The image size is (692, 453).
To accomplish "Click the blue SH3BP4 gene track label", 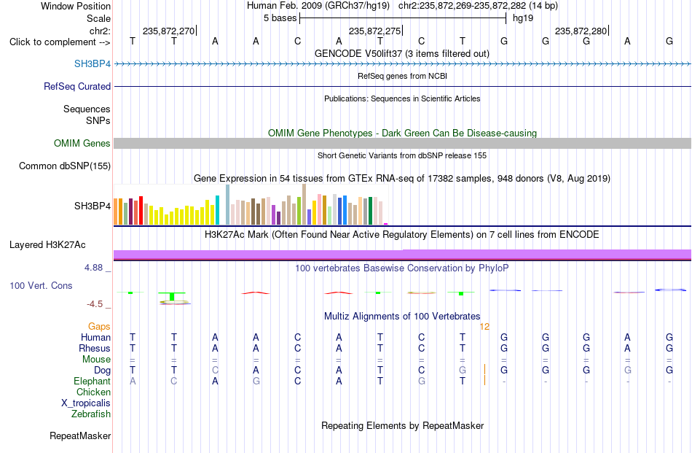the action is pyautogui.click(x=93, y=63).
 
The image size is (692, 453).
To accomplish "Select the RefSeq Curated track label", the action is pyautogui.click(x=76, y=86).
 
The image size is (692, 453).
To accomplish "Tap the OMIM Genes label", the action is pyautogui.click(x=82, y=143).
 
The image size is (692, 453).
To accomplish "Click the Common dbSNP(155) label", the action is pyautogui.click(x=65, y=166).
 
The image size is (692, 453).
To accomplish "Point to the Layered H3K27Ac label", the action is pyautogui.click(x=47, y=245).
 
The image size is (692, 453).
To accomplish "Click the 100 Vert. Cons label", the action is pyautogui.click(x=41, y=285).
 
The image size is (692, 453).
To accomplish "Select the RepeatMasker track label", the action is pyautogui.click(x=80, y=435).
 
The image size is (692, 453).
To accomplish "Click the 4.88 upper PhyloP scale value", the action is pyautogui.click(x=93, y=268).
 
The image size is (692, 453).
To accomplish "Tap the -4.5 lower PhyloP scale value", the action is pyautogui.click(x=95, y=304).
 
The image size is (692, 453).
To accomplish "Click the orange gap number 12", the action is pyautogui.click(x=484, y=327).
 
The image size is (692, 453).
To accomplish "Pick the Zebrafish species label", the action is pyautogui.click(x=91, y=414).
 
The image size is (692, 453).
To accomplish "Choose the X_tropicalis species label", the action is pyautogui.click(x=86, y=403).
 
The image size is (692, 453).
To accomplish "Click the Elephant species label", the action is pyautogui.click(x=92, y=381).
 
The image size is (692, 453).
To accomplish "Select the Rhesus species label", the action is pyautogui.click(x=95, y=348).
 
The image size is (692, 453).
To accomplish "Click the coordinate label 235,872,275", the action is pyautogui.click(x=374, y=31).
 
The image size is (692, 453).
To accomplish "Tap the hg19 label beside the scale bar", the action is pyautogui.click(x=523, y=18).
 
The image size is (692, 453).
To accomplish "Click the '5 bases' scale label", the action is pyautogui.click(x=280, y=18).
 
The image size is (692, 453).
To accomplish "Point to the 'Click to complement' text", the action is pyautogui.click(x=52, y=42).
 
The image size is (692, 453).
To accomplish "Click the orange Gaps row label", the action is pyautogui.click(x=99, y=326).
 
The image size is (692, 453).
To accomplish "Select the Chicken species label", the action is pyautogui.click(x=93, y=392).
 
